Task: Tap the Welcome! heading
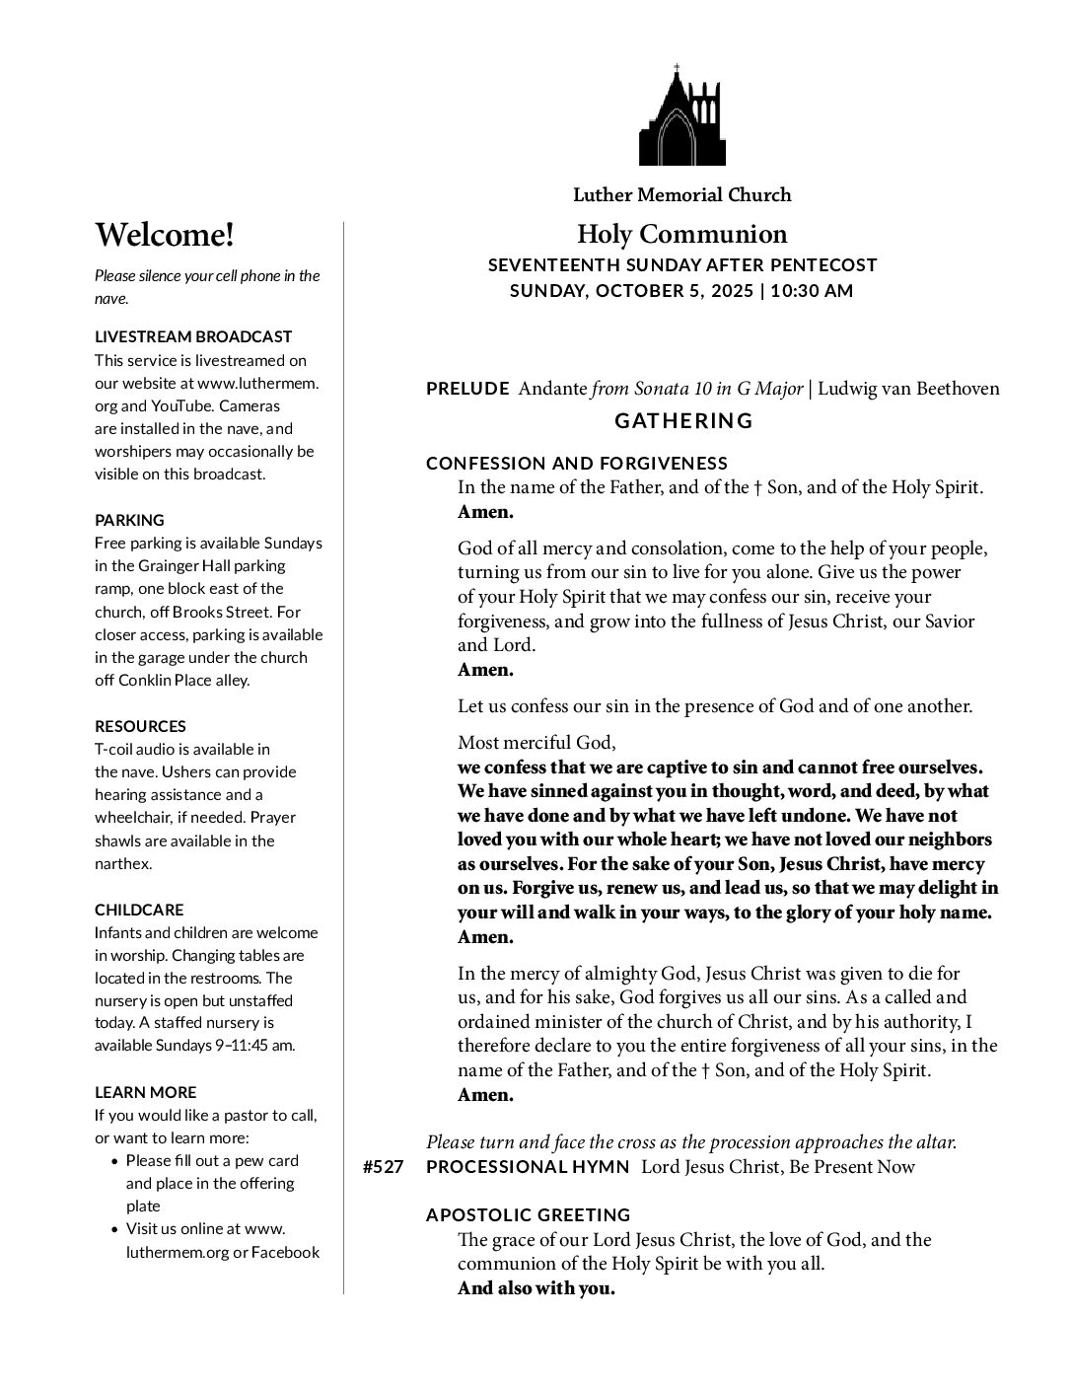(165, 236)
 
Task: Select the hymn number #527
(383, 1168)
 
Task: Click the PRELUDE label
(467, 389)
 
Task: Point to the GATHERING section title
(683, 421)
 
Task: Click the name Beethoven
(958, 389)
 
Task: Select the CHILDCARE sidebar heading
(139, 910)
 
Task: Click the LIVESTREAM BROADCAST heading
(193, 337)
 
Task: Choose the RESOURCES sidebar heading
(140, 726)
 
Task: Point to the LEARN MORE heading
(145, 1092)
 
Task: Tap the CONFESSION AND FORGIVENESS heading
(577, 464)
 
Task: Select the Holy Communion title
(682, 235)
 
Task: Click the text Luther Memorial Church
(682, 195)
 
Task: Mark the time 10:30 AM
(812, 291)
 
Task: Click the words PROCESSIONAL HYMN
(528, 1168)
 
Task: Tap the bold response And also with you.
(536, 1288)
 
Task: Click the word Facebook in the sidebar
(286, 1252)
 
